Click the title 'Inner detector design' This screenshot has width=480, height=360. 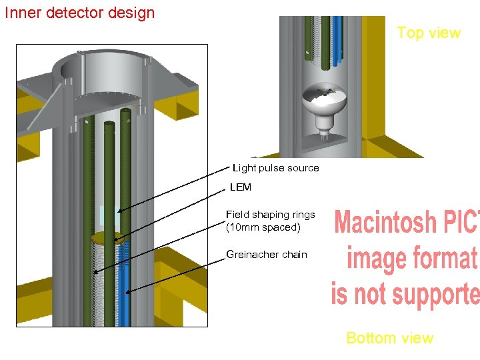[x=79, y=13]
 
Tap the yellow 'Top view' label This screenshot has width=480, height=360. [x=428, y=33]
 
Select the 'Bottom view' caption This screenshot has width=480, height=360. [x=389, y=338]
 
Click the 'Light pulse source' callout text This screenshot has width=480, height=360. [x=275, y=168]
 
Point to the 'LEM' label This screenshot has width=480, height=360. [x=241, y=187]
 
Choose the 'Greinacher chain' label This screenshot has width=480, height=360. [x=267, y=254]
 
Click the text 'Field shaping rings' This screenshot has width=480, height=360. [x=270, y=215]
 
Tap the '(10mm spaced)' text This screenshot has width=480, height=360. [x=263, y=227]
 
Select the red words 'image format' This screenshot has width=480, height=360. [x=412, y=259]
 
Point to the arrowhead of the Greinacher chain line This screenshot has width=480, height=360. [x=127, y=292]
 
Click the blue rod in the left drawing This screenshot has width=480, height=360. [x=125, y=287]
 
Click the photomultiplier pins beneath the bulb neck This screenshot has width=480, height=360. [x=324, y=136]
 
